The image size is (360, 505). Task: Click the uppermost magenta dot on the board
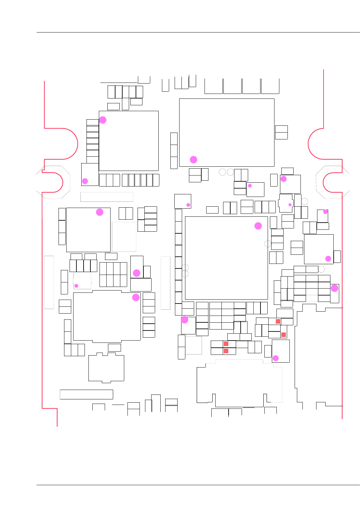[x=103, y=120]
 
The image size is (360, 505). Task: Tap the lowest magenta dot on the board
[x=275, y=358]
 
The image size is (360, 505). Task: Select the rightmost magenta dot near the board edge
[x=334, y=288]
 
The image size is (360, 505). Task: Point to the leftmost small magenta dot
[x=76, y=286]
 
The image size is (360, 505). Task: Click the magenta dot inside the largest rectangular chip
[x=193, y=160]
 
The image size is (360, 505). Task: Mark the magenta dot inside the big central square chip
[x=258, y=226]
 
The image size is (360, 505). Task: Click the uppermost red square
[x=278, y=321]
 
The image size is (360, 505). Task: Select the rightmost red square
[x=284, y=335]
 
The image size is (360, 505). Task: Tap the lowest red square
[x=226, y=351]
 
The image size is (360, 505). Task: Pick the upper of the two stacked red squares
[x=226, y=344]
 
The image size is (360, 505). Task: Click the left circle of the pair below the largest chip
[x=222, y=172]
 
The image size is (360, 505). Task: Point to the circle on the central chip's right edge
[x=268, y=244]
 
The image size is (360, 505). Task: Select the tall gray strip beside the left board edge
[x=49, y=282]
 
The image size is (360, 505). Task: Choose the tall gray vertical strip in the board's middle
[x=166, y=283]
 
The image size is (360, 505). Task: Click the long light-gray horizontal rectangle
[x=107, y=197]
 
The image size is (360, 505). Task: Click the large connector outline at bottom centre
[x=239, y=383]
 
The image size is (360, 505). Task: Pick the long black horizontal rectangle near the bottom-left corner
[x=87, y=394]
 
